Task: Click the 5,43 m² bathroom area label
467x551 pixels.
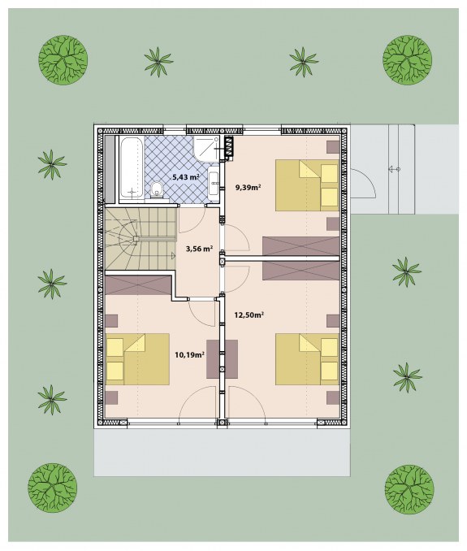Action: [x=186, y=177]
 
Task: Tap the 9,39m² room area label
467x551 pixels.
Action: [x=248, y=187]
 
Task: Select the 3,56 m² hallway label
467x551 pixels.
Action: [x=199, y=249]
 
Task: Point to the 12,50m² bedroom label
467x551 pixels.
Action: [x=249, y=315]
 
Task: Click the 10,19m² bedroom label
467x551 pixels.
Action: [x=189, y=355]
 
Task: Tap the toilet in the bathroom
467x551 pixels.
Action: [x=157, y=189]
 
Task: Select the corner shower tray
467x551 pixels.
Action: [x=206, y=149]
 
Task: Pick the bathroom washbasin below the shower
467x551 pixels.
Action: [x=213, y=184]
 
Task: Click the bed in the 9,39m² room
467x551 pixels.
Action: [x=307, y=185]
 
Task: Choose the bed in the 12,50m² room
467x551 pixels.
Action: [x=307, y=359]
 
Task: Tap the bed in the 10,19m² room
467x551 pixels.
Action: [x=137, y=359]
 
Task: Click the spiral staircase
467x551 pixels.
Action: [x=140, y=239]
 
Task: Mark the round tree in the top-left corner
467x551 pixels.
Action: [x=63, y=59]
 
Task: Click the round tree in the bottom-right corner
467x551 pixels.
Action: [x=409, y=489]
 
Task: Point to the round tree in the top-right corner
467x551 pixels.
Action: [x=408, y=59]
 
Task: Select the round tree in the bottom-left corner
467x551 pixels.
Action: [x=52, y=488]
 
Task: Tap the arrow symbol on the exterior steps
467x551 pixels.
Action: [x=394, y=169]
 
